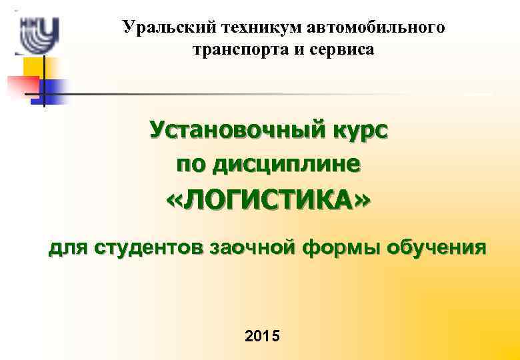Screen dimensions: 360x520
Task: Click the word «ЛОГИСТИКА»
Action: [267, 199]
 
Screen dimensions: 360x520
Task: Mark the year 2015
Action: [263, 335]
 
